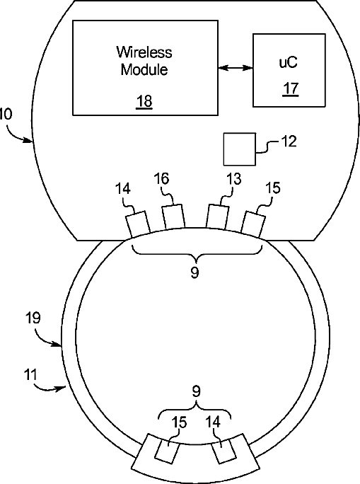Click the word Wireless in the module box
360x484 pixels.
(144, 52)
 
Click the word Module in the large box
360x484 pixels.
(144, 69)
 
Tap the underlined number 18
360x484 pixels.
(144, 101)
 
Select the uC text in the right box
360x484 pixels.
(289, 62)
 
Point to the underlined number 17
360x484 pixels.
(291, 88)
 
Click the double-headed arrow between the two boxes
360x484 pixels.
(236, 68)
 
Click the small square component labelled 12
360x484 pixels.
(239, 149)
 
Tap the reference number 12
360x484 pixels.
(289, 142)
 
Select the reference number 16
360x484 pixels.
(161, 179)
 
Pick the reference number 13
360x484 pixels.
(233, 179)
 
